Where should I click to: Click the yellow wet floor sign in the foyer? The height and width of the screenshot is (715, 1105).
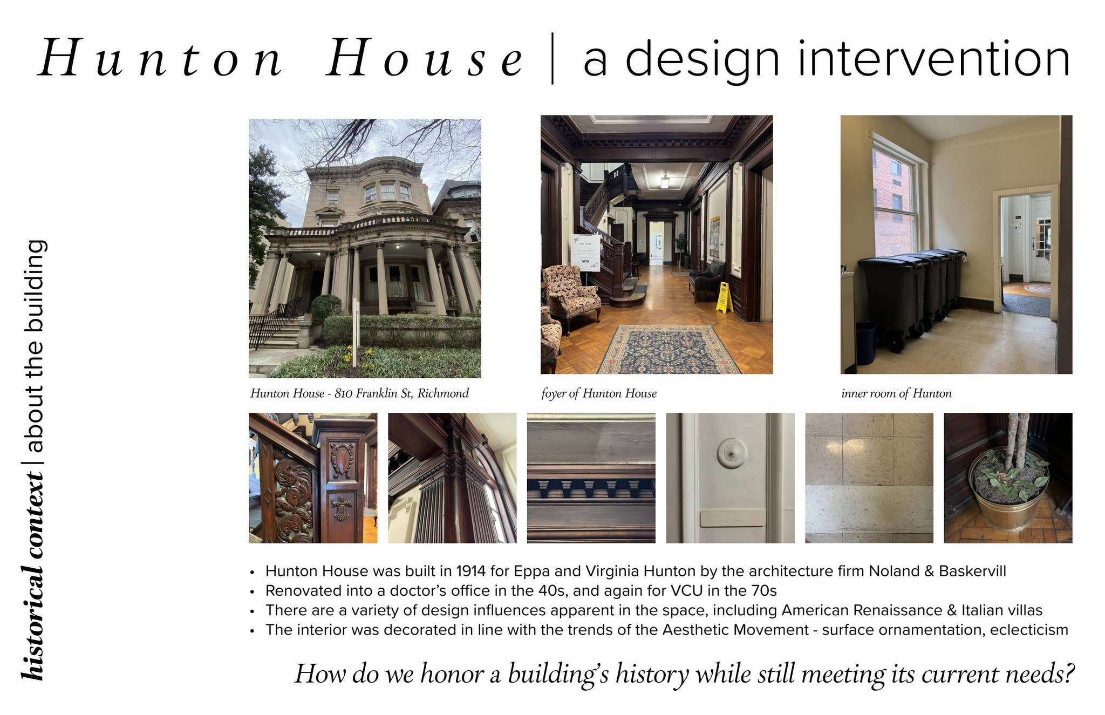point(724,297)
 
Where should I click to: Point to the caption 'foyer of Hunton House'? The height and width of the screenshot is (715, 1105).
point(599,393)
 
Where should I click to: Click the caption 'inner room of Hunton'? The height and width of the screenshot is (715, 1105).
point(896,393)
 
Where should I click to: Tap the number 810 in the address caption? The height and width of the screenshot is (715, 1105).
point(343,393)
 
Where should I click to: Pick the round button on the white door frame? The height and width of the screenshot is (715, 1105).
point(732,453)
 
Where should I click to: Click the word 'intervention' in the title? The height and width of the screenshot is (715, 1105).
point(933,59)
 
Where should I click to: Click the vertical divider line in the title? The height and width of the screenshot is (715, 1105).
point(552,58)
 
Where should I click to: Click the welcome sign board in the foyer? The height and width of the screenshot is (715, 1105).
point(585,252)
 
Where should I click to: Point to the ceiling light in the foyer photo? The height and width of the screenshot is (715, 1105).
point(665,182)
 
